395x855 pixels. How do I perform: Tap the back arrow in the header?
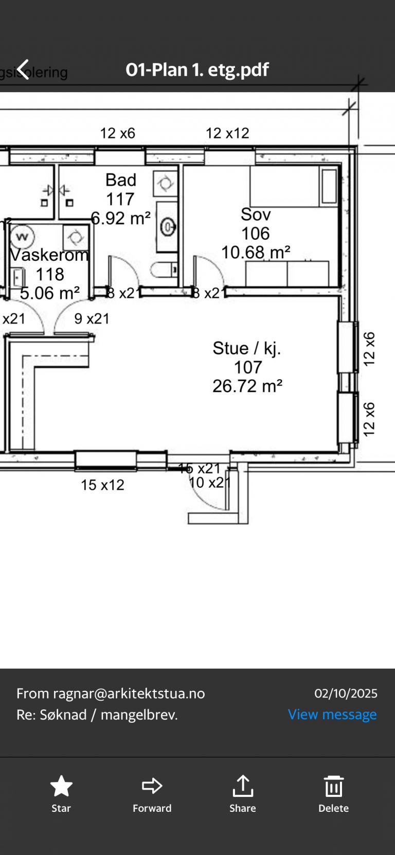(x=23, y=69)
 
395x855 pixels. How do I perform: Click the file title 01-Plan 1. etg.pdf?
(x=197, y=69)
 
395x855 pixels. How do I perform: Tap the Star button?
(x=61, y=793)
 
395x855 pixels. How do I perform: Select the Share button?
(x=243, y=793)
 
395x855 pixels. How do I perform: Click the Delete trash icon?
(x=333, y=793)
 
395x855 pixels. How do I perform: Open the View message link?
(x=332, y=715)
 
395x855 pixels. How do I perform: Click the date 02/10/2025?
(x=346, y=693)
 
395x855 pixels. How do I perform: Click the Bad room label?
(x=121, y=180)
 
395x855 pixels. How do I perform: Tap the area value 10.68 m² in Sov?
(x=256, y=252)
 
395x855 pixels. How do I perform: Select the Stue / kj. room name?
(x=247, y=348)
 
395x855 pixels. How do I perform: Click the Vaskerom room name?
(x=49, y=255)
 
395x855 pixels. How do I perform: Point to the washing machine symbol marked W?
(x=22, y=237)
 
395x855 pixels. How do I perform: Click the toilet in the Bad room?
(x=164, y=270)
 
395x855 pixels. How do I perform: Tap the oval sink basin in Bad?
(x=167, y=226)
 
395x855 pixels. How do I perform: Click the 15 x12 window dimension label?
(x=102, y=485)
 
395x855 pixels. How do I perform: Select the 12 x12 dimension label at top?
(x=227, y=133)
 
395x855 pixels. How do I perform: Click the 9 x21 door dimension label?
(x=92, y=319)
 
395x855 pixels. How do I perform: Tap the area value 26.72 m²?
(x=247, y=386)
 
